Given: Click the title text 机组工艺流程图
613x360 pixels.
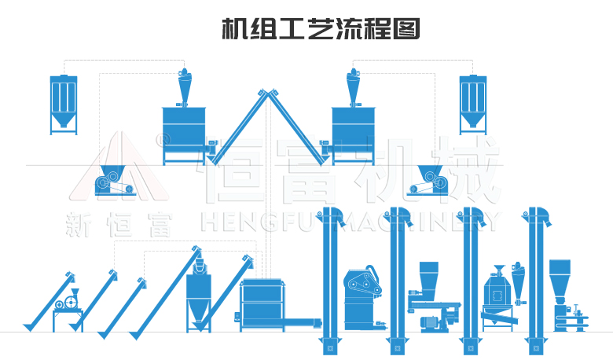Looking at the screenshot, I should (321, 30).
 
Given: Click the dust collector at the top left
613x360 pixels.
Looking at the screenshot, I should (64, 102).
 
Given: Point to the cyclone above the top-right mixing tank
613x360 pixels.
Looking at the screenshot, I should (353, 86).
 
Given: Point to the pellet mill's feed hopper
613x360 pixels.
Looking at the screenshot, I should (429, 276).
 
